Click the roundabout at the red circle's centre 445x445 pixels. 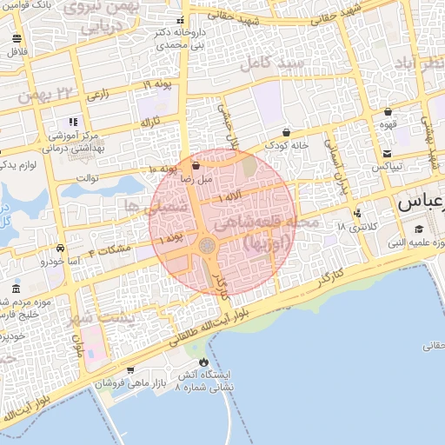tap(209, 247)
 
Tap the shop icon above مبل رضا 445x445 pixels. tap(195, 165)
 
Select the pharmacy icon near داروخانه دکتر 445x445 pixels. tap(180, 21)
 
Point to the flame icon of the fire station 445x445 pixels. tap(203, 362)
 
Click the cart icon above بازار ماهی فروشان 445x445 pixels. tap(130, 370)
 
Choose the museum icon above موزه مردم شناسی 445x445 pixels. tap(17, 289)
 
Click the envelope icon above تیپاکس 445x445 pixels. tap(386, 154)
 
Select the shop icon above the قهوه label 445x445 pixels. tap(388, 111)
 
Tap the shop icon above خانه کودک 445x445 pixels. tap(287, 132)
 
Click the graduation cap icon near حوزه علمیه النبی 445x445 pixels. tap(419, 229)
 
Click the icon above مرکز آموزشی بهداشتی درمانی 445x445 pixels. tap(73, 123)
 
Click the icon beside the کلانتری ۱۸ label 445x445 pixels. tap(357, 214)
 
